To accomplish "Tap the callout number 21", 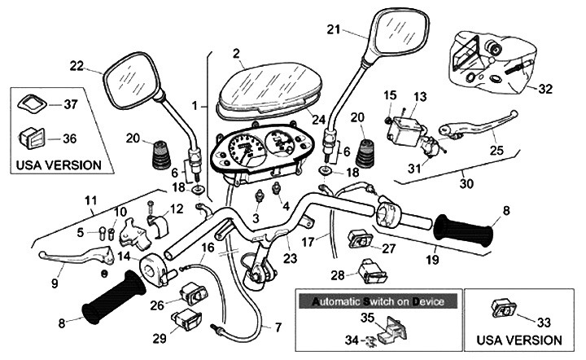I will click(x=332, y=30).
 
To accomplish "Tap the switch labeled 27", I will click(x=359, y=238).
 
